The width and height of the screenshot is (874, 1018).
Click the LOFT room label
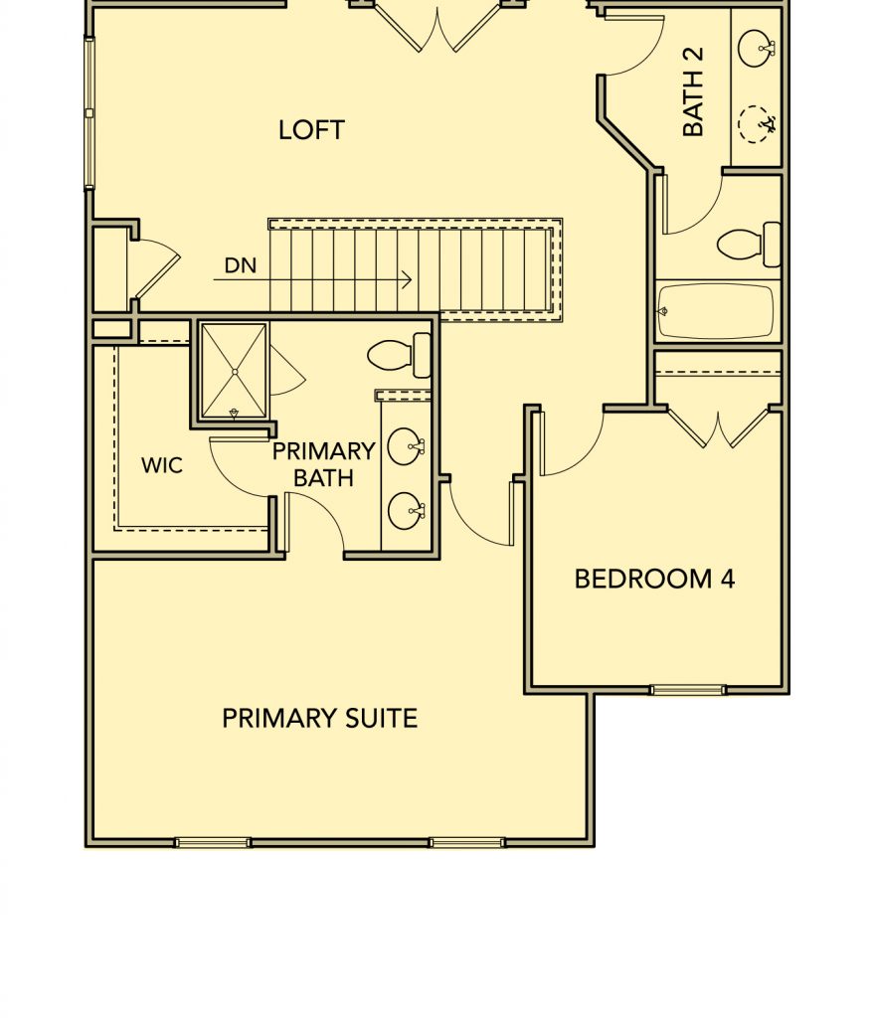pos(311,130)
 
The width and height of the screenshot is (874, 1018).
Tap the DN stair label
pos(241,265)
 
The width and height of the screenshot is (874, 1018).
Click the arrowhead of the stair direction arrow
pos(407,279)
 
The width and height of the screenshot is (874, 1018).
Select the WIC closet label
pos(162,465)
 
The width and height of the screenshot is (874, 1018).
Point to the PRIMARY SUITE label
pos(319,718)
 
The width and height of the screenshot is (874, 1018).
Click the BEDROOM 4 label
pos(654,580)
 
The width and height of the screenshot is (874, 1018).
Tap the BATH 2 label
pos(693,91)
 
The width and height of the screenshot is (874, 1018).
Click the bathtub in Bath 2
pos(717,311)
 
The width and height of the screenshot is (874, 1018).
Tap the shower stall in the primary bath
pos(234,371)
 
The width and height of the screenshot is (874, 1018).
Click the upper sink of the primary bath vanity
pos(405,446)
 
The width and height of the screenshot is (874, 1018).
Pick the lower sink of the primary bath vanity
pos(406,511)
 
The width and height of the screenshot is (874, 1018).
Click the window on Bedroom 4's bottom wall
pos(688,690)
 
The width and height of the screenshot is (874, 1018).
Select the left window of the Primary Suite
pos(213,843)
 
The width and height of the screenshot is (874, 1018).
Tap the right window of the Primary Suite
pos(467,843)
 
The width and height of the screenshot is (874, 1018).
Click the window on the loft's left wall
pos(89,113)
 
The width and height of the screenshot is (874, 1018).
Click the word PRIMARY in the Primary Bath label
pos(323,451)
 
